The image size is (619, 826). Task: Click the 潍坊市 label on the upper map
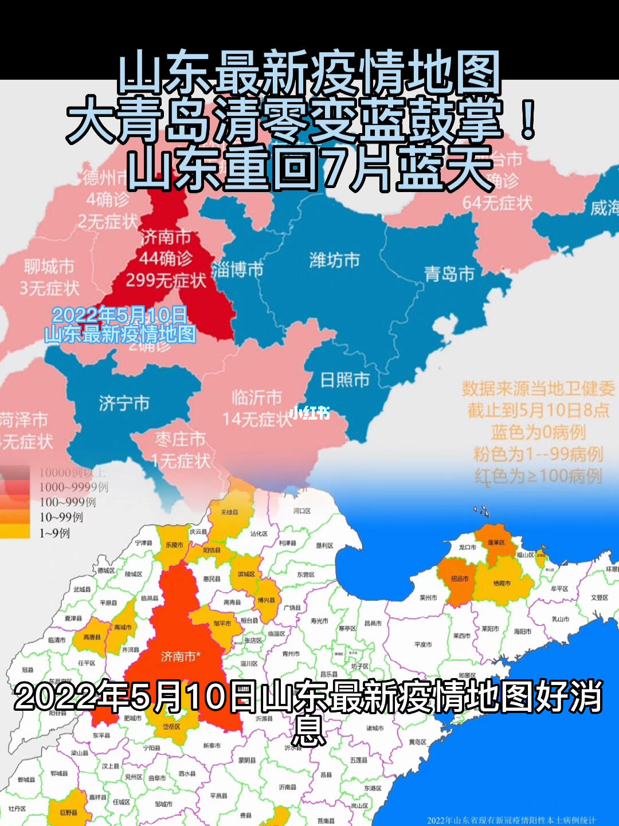[335, 260]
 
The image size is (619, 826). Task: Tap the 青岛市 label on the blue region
[449, 274]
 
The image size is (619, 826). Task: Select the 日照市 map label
[345, 379]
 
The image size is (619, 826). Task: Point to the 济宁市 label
[124, 403]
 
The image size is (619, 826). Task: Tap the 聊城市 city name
[49, 267]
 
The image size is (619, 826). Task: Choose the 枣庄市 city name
[180, 440]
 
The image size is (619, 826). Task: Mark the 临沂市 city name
[257, 397]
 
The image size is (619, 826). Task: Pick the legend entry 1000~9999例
[73, 487]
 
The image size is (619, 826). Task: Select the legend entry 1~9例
[54, 533]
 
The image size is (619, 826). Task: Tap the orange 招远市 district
[459, 579]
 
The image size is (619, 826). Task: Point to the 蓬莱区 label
[496, 542]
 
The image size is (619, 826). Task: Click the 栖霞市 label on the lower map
[502, 584]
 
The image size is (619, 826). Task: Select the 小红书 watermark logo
[309, 412]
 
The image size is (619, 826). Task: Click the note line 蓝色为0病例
[538, 432]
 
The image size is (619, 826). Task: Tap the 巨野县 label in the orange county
[68, 812]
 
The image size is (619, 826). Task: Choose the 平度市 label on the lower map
[423, 644]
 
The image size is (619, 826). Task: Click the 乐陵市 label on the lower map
[174, 545]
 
